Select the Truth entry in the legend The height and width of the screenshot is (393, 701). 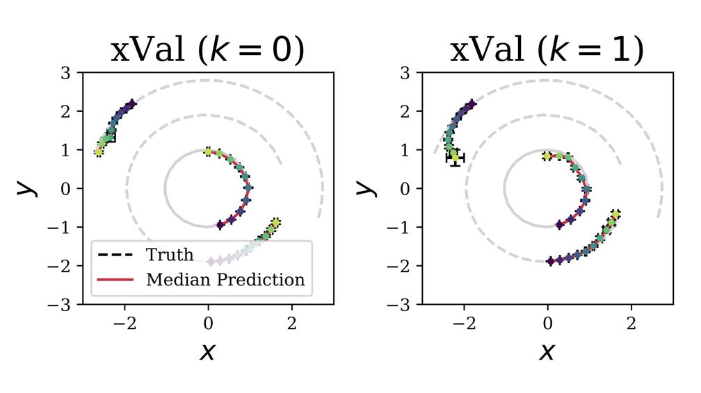169,255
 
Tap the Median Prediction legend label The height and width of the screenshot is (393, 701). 225,279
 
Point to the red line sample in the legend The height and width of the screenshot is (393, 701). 116,279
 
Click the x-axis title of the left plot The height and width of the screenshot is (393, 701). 207,351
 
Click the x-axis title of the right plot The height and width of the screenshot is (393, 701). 547,351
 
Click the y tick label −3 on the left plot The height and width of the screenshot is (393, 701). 65,304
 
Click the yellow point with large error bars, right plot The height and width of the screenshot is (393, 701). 455,158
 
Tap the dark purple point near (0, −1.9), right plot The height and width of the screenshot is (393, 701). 551,261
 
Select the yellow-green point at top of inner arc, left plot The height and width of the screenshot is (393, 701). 208,151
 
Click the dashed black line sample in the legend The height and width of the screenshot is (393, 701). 116,255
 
